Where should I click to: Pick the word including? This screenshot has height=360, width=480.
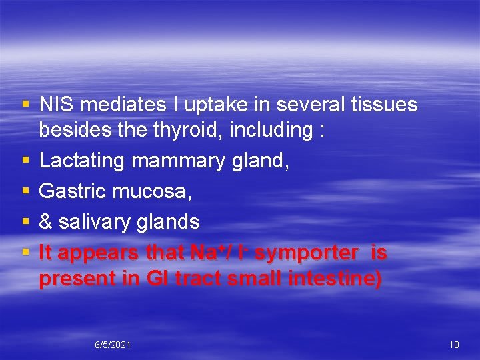(270, 130)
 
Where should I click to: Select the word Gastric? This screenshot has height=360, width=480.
(73, 192)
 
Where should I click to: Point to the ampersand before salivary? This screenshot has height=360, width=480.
(46, 221)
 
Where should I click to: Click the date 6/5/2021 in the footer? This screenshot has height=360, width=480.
(113, 345)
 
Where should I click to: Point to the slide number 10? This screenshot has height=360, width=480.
(454, 345)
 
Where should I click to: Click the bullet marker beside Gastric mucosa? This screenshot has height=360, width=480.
(25, 192)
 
